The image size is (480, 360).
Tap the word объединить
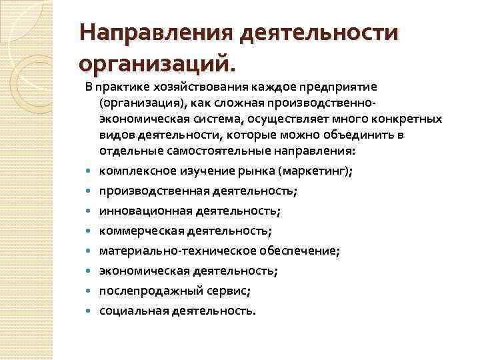374,135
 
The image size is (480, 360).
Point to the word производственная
154,191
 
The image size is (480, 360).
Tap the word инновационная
145,211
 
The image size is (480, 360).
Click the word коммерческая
142,231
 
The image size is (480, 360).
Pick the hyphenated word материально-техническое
175,251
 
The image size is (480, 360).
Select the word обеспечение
296,251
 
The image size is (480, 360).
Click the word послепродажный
147,291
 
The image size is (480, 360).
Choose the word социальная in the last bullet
133,311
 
